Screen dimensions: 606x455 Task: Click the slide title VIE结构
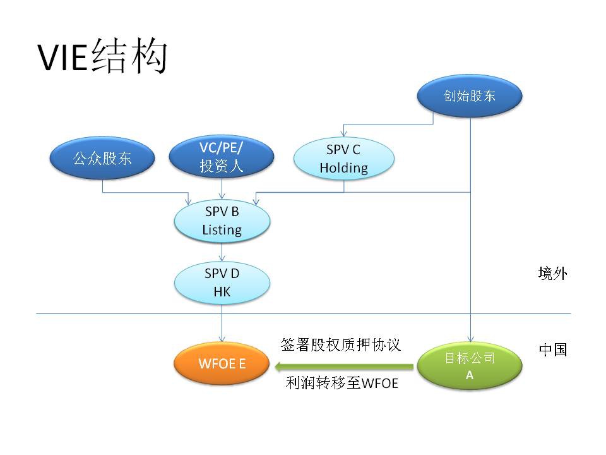point(102,56)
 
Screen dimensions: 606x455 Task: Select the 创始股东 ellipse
point(470,95)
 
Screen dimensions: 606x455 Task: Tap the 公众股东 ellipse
point(102,158)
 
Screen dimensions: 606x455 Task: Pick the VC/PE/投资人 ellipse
point(222,157)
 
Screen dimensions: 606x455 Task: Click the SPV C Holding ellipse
point(344,159)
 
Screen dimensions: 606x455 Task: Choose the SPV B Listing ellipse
point(222,221)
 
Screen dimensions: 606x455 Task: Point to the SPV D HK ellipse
point(222,283)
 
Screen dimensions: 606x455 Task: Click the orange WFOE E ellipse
point(222,363)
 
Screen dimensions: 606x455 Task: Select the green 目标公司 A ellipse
point(470,366)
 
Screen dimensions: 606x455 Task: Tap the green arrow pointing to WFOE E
point(344,367)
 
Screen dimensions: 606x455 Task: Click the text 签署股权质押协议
point(341,344)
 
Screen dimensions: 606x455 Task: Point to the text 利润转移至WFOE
point(342,383)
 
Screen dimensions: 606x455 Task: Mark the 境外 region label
point(553,274)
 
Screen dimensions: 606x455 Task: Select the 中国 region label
point(553,349)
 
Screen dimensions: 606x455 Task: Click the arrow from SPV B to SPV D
point(222,252)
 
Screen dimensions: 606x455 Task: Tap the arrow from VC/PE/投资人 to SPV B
point(222,189)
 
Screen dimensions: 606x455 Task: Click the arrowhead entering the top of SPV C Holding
point(343,134)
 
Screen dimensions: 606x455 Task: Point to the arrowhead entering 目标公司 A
point(470,339)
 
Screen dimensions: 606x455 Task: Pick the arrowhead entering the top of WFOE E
point(222,339)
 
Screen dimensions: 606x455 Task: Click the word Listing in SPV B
point(222,230)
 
